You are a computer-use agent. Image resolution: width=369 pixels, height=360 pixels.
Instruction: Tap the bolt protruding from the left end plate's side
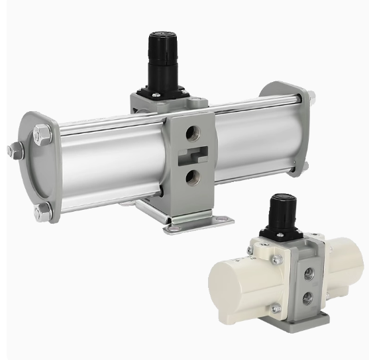point(13,151)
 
